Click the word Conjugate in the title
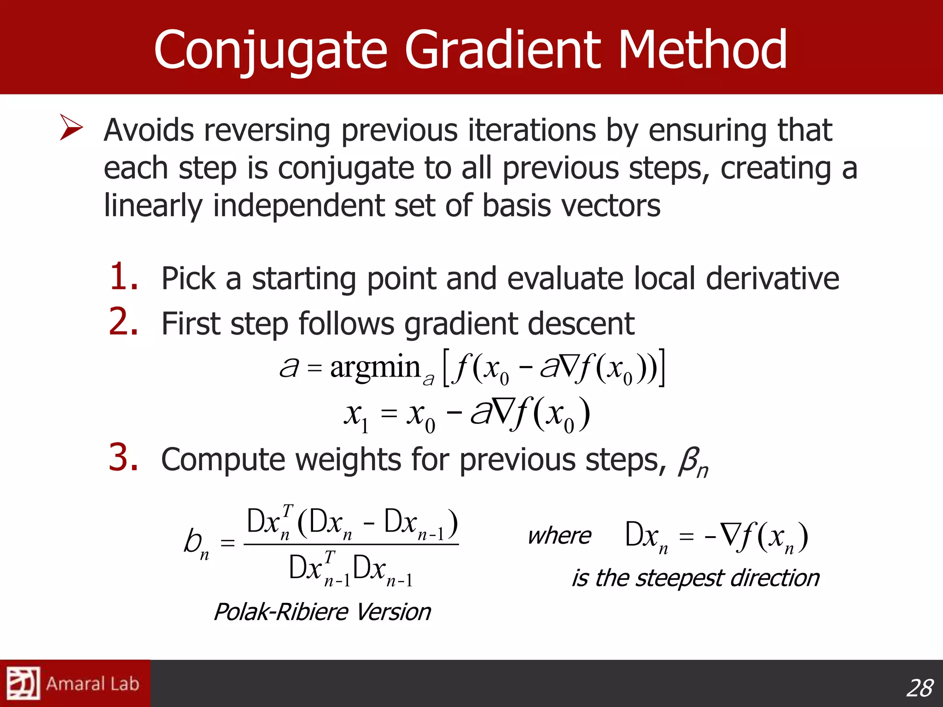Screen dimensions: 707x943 click(x=271, y=50)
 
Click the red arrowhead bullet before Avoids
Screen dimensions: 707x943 click(x=71, y=128)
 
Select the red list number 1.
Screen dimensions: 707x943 click(x=123, y=278)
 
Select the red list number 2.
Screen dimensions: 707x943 click(x=123, y=322)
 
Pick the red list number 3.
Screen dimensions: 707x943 click(x=123, y=458)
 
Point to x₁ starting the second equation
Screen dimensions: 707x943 click(x=356, y=416)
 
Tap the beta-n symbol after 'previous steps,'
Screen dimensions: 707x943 click(x=693, y=462)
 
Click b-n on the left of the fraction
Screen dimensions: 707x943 click(x=196, y=543)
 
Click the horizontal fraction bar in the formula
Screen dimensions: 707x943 click(x=351, y=545)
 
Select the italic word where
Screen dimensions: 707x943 click(x=559, y=536)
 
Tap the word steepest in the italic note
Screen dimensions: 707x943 click(x=680, y=579)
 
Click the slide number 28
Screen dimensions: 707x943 click(x=919, y=689)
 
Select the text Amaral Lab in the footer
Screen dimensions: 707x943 click(x=92, y=684)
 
